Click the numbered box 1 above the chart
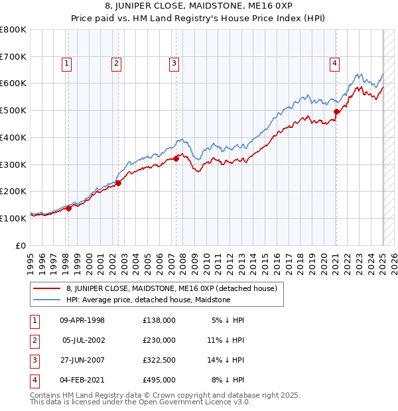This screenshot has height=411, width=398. [68, 64]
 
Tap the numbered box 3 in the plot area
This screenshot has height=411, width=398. [174, 64]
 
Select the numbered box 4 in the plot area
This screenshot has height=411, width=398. [334, 64]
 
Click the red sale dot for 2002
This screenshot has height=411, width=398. [118, 183]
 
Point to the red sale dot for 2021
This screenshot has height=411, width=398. [336, 111]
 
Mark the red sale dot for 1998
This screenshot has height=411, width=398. [68, 208]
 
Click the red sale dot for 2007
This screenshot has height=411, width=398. [176, 158]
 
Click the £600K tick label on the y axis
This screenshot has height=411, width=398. [13, 84]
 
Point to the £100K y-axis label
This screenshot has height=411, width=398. [13, 218]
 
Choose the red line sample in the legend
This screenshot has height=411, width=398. [46, 288]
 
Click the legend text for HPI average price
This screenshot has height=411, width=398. [148, 300]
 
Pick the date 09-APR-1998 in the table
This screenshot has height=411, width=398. [82, 321]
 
